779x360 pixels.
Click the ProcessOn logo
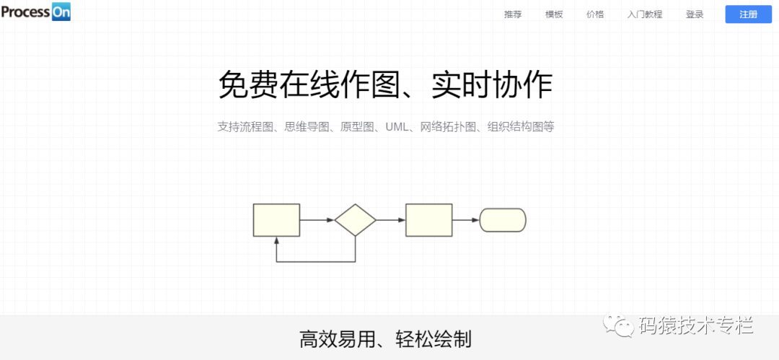tap(36, 12)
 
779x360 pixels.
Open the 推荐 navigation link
tap(512, 14)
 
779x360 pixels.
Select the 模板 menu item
tap(554, 14)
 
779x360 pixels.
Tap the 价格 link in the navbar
tap(595, 14)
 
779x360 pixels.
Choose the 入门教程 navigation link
tap(644, 14)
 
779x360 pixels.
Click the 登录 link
tap(695, 14)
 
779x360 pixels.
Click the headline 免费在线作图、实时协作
tap(385, 85)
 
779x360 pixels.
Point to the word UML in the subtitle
tap(397, 127)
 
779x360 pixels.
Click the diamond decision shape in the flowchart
tap(356, 220)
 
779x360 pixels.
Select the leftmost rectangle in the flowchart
tap(276, 220)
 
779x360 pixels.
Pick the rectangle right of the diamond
tap(429, 220)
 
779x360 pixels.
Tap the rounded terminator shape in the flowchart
tap(503, 220)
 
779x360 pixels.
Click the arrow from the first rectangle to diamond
tap(317, 220)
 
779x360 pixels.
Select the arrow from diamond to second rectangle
tap(391, 220)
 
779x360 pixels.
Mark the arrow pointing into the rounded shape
tap(466, 220)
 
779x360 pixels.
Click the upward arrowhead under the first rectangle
tap(276, 241)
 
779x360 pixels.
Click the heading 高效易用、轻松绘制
tap(385, 338)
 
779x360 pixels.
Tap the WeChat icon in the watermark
tap(620, 327)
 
